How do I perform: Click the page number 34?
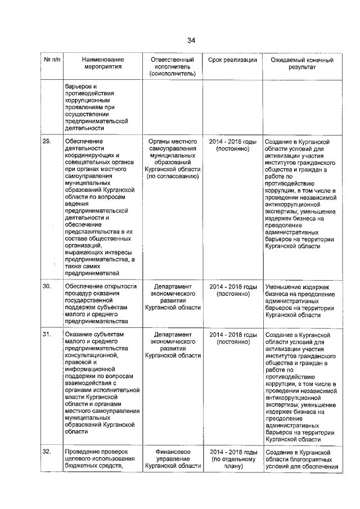[x=191, y=40]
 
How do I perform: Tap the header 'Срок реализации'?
[x=232, y=60]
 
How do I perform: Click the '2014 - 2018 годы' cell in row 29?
[x=233, y=141]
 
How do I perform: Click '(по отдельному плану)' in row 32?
[x=233, y=462]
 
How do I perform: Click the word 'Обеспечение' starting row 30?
[x=83, y=286]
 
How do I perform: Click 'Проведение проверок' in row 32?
[x=96, y=452]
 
